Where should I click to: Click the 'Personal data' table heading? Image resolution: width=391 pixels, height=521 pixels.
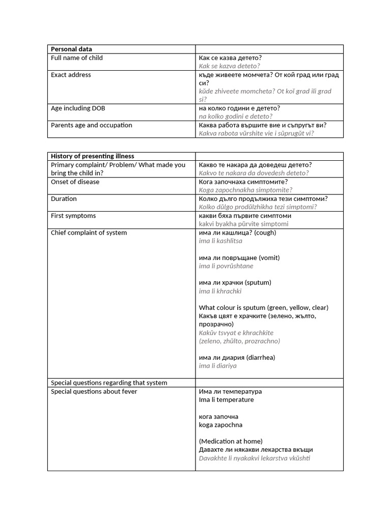coord(71,49)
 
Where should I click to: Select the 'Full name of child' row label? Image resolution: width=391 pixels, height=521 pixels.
coord(76,58)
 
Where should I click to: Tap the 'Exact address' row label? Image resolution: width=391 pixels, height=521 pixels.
coord(71,75)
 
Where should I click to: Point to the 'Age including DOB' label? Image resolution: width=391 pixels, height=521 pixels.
coord(78,108)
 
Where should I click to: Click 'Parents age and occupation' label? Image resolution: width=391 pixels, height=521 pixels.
coord(91,125)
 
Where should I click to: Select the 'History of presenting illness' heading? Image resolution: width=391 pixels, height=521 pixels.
coord(92,156)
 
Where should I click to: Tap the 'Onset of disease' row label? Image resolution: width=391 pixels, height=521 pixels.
coord(75,182)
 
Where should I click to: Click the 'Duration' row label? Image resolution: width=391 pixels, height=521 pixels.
coord(64,199)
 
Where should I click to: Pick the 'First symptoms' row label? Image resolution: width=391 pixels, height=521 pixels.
coord(73,216)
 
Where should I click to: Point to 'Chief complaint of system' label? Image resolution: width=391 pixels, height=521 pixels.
coord(89,233)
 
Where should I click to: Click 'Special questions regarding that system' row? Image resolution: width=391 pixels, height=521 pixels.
coord(109,383)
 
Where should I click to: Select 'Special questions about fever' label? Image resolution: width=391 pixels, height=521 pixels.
coord(94,391)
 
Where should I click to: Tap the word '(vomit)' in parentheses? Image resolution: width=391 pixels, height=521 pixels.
coord(269,257)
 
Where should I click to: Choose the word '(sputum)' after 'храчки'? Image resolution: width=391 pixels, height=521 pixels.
coord(258,282)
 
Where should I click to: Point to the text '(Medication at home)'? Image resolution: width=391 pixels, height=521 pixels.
coord(231,441)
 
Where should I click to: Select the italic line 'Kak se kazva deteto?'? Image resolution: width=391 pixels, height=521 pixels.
coord(229,66)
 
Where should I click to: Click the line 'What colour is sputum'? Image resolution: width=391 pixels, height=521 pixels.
coord(263,307)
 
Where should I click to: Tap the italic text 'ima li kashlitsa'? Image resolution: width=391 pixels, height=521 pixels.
coord(220,241)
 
